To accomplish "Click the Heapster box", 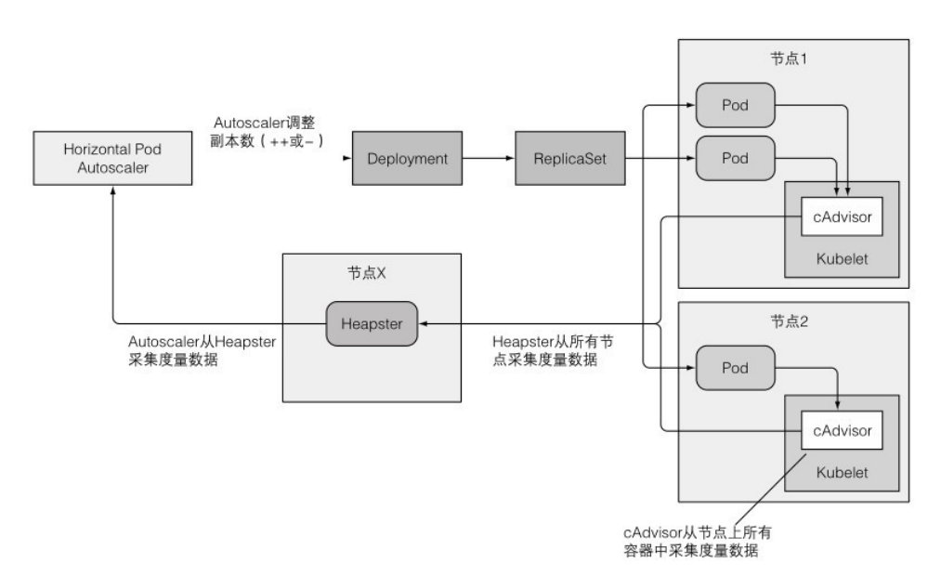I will tap(371, 322).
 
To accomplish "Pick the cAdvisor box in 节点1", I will tap(841, 218).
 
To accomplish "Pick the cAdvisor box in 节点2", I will tap(841, 430).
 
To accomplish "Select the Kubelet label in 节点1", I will tap(842, 259).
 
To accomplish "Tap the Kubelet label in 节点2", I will tap(842, 472).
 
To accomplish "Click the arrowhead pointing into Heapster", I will tap(424, 323).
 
